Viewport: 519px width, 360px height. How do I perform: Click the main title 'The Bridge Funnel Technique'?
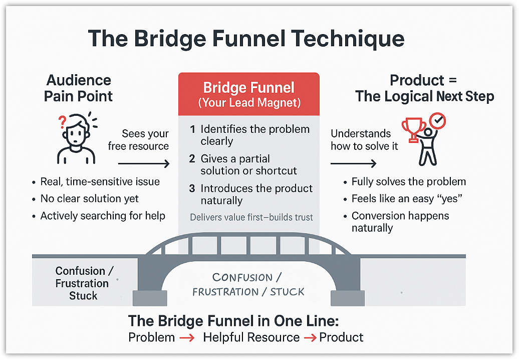click(246, 39)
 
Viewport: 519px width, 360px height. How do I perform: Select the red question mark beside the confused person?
click(63, 122)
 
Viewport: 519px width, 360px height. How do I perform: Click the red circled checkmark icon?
click(438, 121)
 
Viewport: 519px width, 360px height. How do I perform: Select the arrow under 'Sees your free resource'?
click(144, 164)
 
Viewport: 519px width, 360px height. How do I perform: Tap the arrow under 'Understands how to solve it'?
click(353, 164)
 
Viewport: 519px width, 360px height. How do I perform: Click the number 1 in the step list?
click(192, 129)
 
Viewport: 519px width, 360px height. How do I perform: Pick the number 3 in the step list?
click(192, 189)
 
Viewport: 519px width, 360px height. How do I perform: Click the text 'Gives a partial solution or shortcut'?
click(248, 165)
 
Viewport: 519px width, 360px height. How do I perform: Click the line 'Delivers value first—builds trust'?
click(251, 218)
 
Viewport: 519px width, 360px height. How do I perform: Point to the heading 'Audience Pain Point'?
click(79, 88)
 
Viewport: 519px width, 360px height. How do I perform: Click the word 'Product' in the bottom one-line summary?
click(341, 337)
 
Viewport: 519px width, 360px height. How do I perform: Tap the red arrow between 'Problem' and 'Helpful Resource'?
click(187, 338)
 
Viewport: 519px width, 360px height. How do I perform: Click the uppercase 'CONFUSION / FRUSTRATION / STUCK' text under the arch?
click(248, 284)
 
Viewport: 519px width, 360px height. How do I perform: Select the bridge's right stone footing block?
click(347, 297)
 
